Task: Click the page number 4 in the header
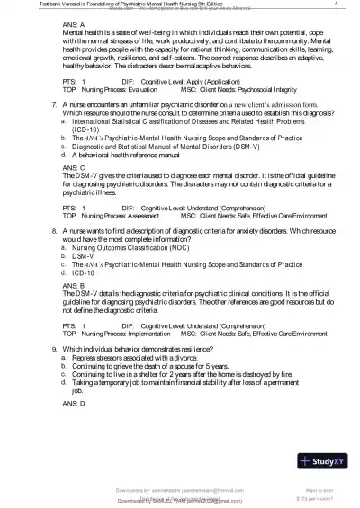[x=335, y=4]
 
